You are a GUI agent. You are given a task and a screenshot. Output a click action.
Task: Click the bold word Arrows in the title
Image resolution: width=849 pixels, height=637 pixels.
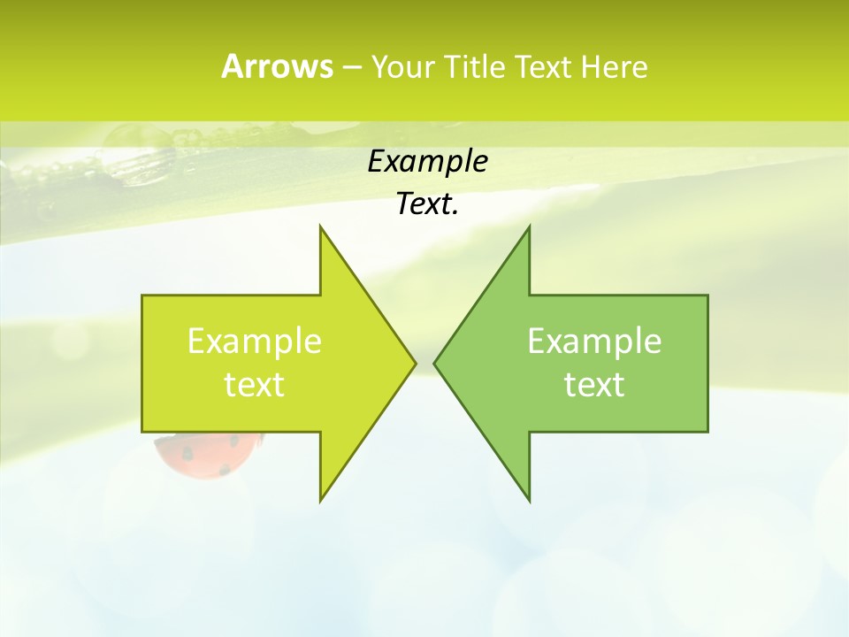(276, 66)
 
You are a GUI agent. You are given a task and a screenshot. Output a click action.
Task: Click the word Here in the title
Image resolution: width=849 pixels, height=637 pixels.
(615, 66)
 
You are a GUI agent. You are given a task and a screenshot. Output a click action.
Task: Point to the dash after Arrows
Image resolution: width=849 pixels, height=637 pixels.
(350, 67)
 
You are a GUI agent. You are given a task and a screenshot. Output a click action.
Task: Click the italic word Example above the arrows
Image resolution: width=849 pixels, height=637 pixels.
(427, 162)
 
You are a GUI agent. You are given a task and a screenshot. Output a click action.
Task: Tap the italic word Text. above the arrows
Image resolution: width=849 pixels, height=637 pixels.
(427, 204)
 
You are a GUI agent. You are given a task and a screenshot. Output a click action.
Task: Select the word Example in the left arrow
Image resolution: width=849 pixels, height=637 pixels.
(255, 342)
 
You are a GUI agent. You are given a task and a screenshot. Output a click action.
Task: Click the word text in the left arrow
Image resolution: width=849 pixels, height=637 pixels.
(255, 385)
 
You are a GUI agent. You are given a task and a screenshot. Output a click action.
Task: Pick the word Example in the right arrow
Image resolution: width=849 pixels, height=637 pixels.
(594, 342)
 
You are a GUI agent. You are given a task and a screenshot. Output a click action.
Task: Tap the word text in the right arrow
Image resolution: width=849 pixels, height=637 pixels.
(594, 385)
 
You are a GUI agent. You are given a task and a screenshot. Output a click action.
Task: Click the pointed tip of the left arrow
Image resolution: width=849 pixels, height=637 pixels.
(413, 363)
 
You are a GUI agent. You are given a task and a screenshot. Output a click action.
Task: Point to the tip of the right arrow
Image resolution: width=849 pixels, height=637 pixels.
(437, 363)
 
